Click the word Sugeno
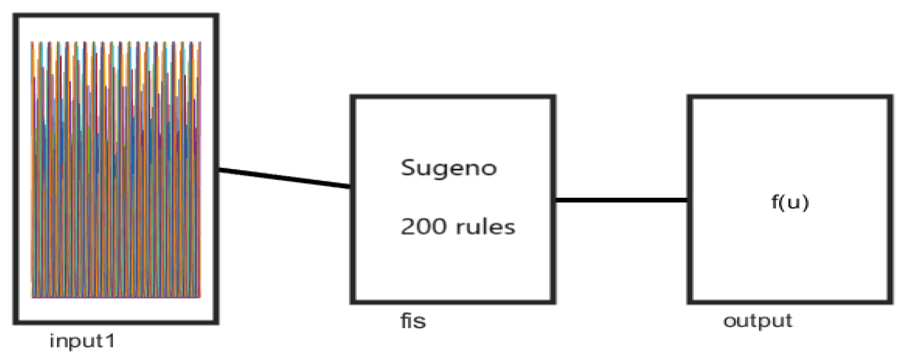[x=449, y=168]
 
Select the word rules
[x=485, y=226]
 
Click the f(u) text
[x=790, y=202]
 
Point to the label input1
[x=82, y=341]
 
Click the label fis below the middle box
[x=413, y=321]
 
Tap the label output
[x=757, y=321]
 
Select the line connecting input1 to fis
[x=285, y=178]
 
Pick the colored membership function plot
[x=116, y=169]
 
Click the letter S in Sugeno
[x=407, y=167]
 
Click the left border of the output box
[x=689, y=199]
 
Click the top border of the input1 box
[x=116, y=16]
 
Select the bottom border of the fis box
[x=453, y=302]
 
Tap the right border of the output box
[x=890, y=199]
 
